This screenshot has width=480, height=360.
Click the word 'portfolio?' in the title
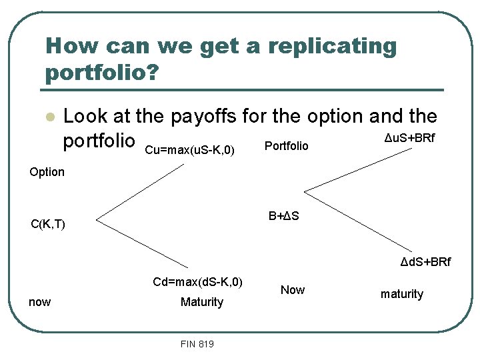tap(102, 72)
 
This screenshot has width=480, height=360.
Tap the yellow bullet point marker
tap(48, 117)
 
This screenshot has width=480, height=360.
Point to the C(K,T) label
tap(48, 224)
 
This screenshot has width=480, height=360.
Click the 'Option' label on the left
tap(47, 172)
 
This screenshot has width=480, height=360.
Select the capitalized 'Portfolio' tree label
tap(287, 145)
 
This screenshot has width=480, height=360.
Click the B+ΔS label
tap(283, 216)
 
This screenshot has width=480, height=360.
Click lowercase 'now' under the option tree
tap(39, 302)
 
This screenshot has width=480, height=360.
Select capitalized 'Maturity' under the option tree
tap(201, 302)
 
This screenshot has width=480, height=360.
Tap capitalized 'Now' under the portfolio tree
tap(292, 290)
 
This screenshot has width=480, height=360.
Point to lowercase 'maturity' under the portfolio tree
tap(401, 294)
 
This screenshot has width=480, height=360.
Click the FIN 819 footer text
tap(197, 344)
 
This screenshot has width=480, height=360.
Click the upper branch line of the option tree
tap(140, 191)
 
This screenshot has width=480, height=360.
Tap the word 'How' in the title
tap(66, 47)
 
